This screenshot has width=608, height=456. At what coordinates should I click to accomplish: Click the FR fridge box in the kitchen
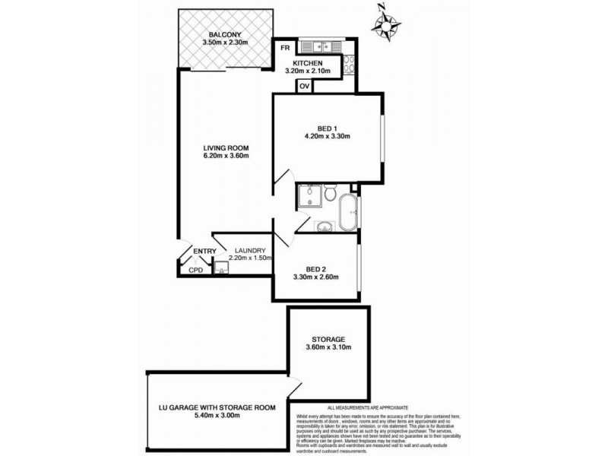click(285, 48)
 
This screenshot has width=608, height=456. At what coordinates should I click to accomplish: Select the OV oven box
click(304, 86)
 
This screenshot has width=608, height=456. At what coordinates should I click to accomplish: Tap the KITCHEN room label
click(304, 63)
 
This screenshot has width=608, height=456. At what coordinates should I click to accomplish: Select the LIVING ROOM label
click(226, 147)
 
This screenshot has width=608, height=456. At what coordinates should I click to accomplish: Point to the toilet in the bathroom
click(331, 195)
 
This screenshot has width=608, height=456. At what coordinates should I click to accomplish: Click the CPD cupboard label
click(195, 270)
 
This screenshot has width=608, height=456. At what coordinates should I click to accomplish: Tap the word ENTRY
click(204, 252)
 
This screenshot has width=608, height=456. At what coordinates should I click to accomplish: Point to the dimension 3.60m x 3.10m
click(328, 350)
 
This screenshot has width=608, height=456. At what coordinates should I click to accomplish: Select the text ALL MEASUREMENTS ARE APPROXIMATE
click(368, 408)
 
